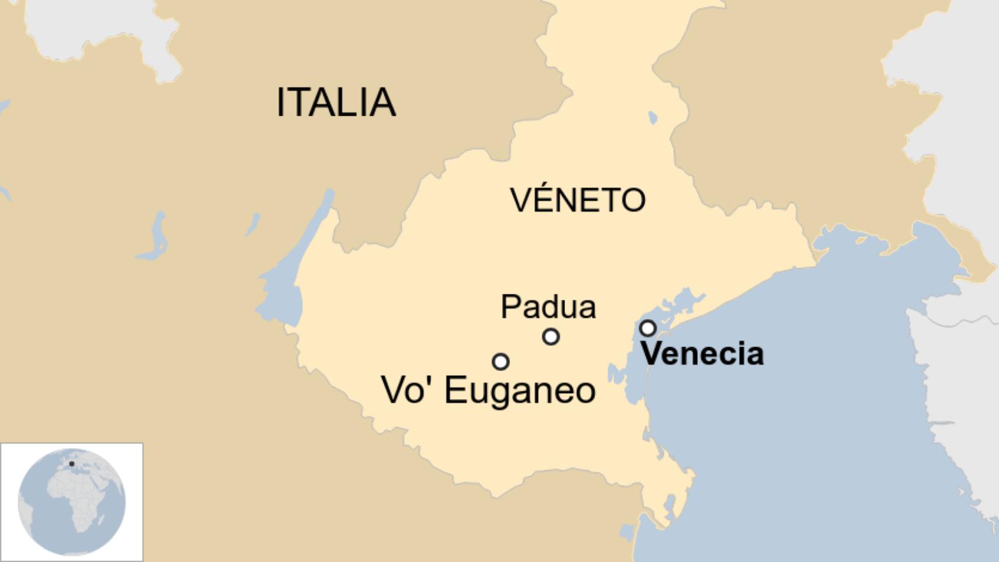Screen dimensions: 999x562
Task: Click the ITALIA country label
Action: [335, 102]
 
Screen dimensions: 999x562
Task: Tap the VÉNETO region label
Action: [578, 199]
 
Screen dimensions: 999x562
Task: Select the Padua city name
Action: [548, 306]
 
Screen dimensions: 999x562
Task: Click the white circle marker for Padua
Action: [551, 337]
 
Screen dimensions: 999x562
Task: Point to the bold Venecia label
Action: [702, 354]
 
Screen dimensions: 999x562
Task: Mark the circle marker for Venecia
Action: [648, 329]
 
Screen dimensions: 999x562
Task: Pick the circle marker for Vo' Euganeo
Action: [501, 362]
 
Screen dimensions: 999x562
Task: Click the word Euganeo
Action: [520, 391]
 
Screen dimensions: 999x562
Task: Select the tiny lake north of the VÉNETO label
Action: [653, 118]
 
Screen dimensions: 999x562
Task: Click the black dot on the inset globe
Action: [72, 464]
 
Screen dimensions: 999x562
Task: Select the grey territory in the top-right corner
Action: [955, 92]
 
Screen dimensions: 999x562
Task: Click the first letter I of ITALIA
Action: [281, 102]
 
